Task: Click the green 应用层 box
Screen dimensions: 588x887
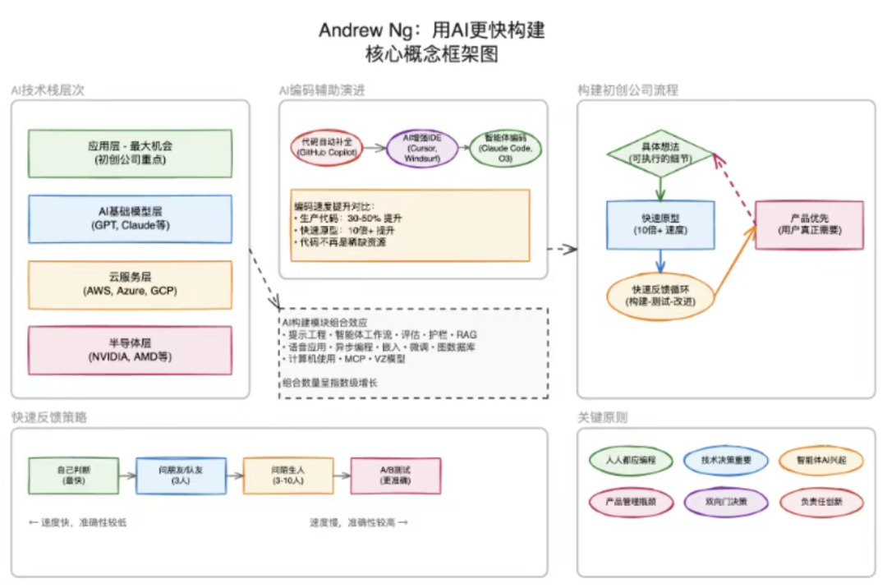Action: click(130, 152)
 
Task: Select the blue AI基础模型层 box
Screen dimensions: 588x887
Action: click(130, 218)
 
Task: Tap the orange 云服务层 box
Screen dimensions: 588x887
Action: click(130, 284)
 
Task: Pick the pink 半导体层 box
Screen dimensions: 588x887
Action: click(130, 350)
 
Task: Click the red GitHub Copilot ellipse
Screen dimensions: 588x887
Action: click(326, 148)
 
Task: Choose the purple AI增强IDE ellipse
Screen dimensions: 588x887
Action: click(422, 148)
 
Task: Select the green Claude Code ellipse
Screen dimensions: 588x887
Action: click(505, 148)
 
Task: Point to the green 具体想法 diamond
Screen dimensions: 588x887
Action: click(660, 152)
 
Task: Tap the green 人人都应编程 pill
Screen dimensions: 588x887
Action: click(631, 461)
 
